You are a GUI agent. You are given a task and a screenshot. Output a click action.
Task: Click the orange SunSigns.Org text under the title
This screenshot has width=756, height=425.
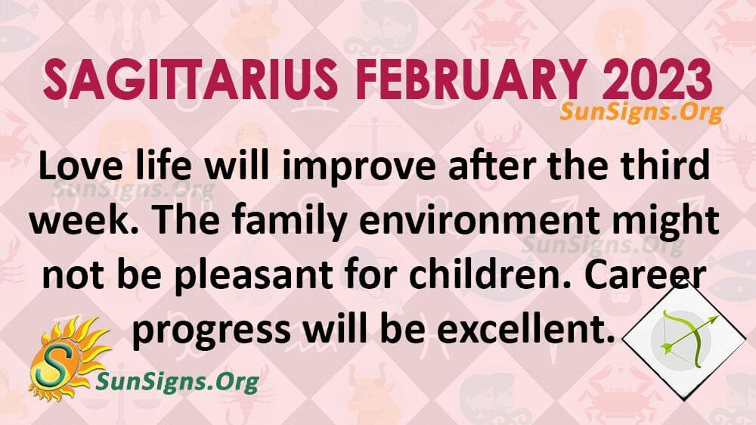point(641,113)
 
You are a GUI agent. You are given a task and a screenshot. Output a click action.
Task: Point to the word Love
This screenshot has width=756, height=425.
point(79,166)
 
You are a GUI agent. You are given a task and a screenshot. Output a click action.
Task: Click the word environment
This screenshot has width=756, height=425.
point(480,222)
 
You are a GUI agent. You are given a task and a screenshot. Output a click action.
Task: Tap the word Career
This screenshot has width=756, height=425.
point(646,275)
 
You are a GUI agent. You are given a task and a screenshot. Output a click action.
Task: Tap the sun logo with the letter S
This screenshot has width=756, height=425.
point(67,358)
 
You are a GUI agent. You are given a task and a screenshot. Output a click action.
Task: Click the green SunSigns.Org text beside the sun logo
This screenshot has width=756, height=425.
point(178,382)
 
